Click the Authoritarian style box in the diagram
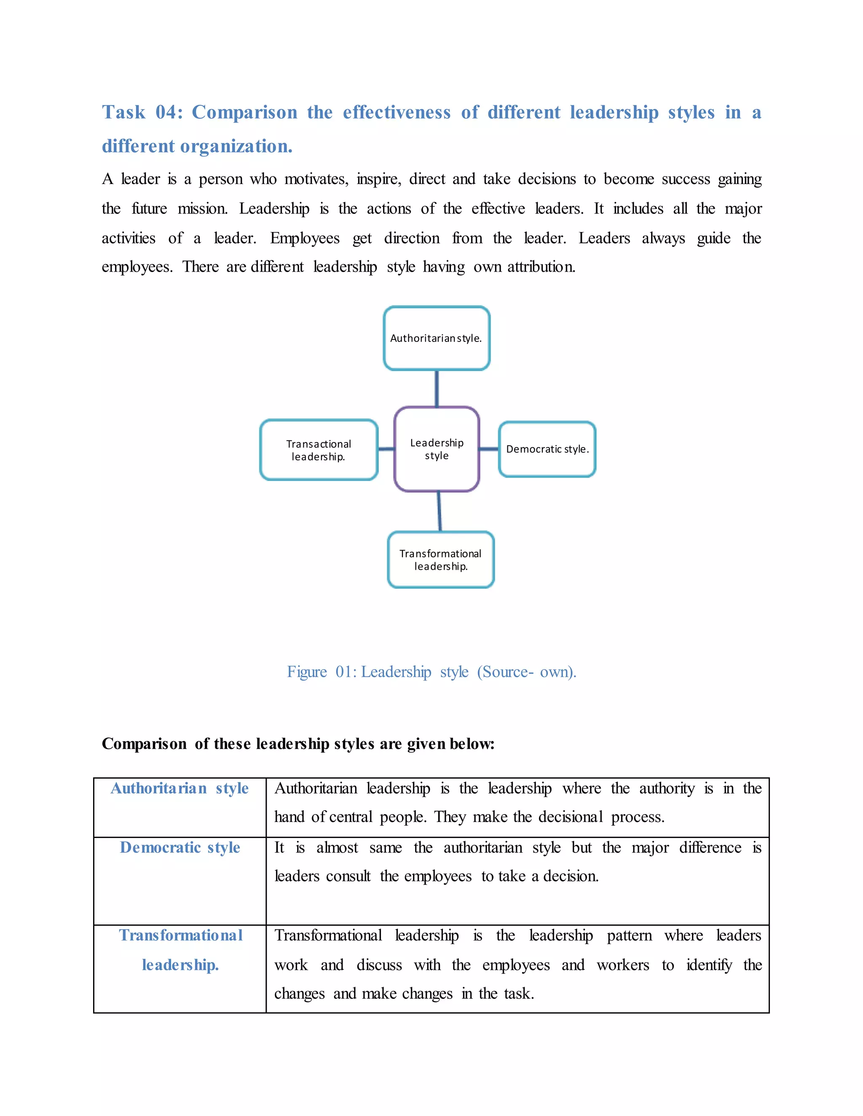[437, 338]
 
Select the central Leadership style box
[437, 449]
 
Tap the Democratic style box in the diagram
[547, 449]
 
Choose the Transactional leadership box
[319, 450]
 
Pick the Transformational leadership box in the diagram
[441, 560]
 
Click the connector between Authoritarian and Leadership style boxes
[437, 388]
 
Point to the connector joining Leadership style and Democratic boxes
[489, 449]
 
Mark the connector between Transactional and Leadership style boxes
[386, 449]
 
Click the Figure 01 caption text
[431, 671]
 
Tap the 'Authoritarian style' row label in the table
[180, 788]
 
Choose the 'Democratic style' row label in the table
[180, 848]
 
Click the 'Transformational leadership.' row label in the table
[180, 950]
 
